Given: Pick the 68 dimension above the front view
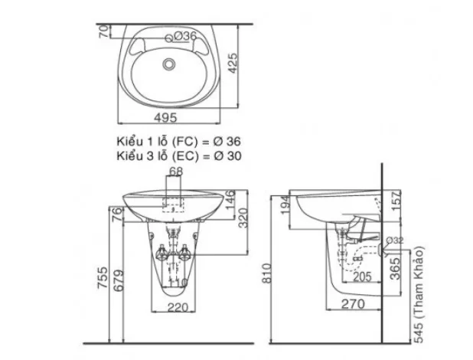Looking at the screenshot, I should [175, 172].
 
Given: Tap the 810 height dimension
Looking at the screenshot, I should [266, 270].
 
